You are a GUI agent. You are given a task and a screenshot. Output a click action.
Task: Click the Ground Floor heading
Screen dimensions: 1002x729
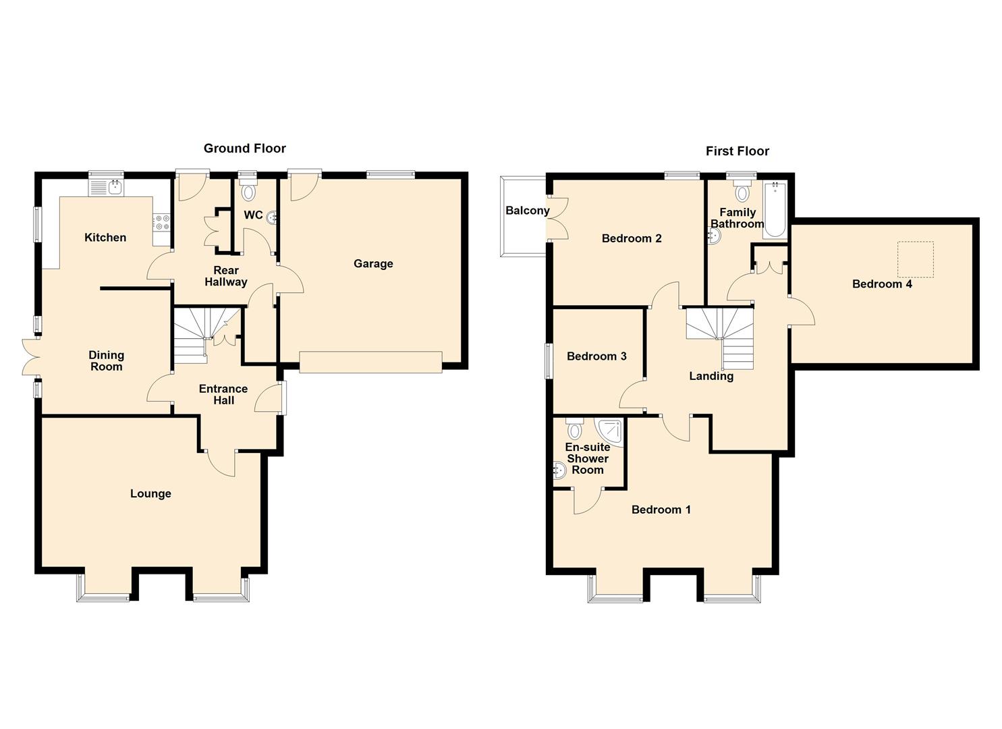point(245,148)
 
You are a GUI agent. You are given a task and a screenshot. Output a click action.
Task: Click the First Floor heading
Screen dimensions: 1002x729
point(737,151)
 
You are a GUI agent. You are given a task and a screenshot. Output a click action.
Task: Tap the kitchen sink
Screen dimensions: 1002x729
point(107,188)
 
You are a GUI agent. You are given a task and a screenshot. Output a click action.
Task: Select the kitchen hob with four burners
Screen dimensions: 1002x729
point(161,223)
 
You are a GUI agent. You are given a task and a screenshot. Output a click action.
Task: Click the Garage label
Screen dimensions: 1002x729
point(373,263)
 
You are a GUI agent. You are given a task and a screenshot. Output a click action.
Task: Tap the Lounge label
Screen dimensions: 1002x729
point(150,493)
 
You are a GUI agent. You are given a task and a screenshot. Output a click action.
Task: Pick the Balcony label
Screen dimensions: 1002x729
point(528,211)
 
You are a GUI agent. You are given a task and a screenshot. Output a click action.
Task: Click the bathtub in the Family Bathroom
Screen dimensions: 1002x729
point(775,209)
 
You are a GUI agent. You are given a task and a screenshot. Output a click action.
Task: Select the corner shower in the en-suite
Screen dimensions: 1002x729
point(610,432)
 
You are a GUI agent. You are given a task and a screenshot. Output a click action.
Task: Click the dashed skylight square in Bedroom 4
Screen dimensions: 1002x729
point(916,260)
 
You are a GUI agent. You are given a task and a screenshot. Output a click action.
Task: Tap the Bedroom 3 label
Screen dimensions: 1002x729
point(596,356)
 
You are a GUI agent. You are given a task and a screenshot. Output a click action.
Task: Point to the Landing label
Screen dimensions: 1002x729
point(711,377)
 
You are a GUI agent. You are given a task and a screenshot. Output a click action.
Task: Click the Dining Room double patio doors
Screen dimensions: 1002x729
point(31,356)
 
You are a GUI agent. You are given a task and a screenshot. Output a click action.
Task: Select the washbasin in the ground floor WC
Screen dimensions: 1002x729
point(272,218)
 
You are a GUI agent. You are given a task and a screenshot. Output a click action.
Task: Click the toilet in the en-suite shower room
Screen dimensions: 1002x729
point(574,428)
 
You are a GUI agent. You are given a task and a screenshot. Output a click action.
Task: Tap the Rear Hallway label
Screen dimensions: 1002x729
point(226,276)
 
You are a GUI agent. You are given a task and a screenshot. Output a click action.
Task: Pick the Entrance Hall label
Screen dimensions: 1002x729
point(223,394)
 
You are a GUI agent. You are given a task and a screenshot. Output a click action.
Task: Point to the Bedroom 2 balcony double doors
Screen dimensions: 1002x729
point(557,219)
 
